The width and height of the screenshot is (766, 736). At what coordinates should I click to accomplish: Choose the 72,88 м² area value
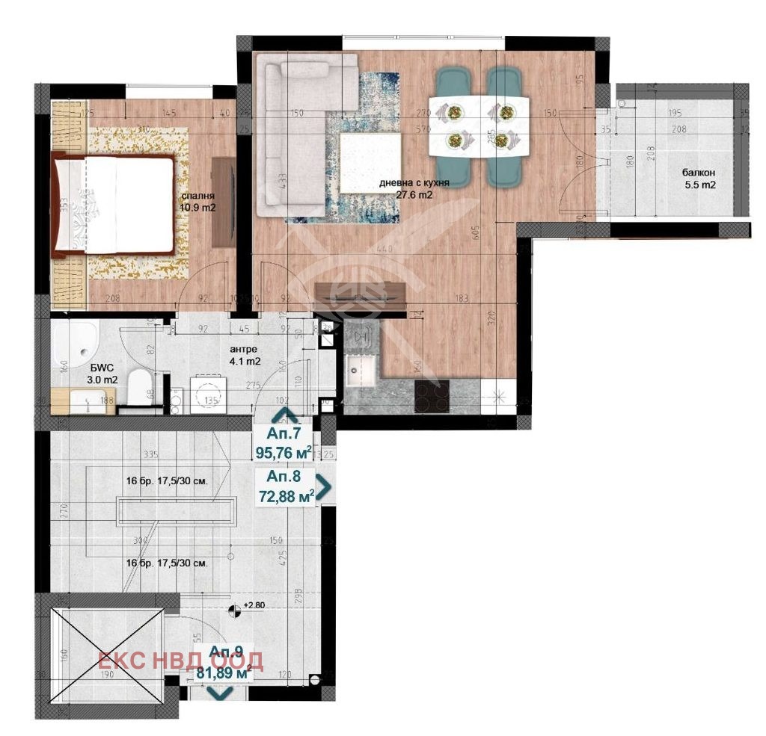285,495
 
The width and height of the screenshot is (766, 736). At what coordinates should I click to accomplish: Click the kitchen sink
361,368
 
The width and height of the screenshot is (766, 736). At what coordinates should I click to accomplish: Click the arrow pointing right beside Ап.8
324,488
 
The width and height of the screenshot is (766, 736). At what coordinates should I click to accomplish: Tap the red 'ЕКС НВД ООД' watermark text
181,661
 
